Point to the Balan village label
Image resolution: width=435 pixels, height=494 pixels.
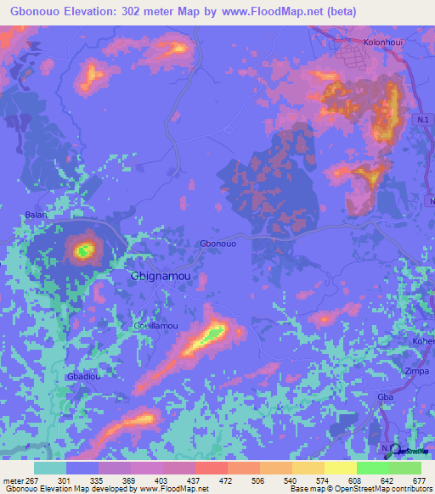[x=36, y=215]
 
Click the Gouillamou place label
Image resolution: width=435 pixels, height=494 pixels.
[x=155, y=325]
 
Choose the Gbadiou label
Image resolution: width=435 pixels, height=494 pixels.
[x=83, y=376]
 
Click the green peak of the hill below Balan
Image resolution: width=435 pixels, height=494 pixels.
[x=83, y=250]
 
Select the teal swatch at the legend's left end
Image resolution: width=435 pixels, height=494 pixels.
[x=49, y=468]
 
